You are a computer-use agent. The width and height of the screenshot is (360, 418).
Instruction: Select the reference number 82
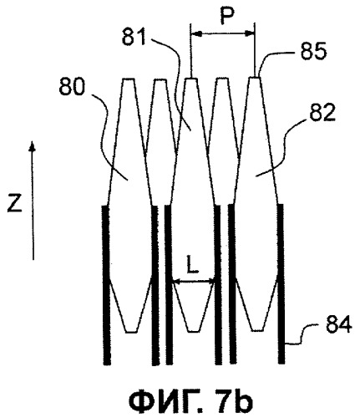[322, 113]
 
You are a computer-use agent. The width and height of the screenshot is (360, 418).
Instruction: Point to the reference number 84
[338, 325]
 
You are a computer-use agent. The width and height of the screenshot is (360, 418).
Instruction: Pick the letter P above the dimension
[227, 16]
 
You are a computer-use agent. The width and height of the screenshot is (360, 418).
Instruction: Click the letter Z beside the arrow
[14, 203]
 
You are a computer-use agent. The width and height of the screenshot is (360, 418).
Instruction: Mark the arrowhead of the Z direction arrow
[33, 146]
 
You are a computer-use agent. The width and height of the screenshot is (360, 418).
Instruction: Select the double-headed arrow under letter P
[222, 33]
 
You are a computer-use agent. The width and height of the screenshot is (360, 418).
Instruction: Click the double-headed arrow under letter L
[194, 282]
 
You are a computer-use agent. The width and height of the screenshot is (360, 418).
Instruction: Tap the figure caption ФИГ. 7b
[190, 400]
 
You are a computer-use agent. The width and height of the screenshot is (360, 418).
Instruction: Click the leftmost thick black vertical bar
[106, 285]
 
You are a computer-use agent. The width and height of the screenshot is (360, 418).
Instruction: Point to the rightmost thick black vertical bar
[281, 283]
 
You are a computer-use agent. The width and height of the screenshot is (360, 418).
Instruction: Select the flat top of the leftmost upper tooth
[129, 79]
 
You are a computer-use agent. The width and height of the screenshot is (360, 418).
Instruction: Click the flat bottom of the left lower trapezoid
[131, 332]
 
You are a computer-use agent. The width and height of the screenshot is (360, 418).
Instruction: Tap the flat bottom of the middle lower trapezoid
[194, 331]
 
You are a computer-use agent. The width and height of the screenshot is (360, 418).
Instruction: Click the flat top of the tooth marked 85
[255, 77]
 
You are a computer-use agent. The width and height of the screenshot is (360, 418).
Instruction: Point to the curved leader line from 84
[302, 334]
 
